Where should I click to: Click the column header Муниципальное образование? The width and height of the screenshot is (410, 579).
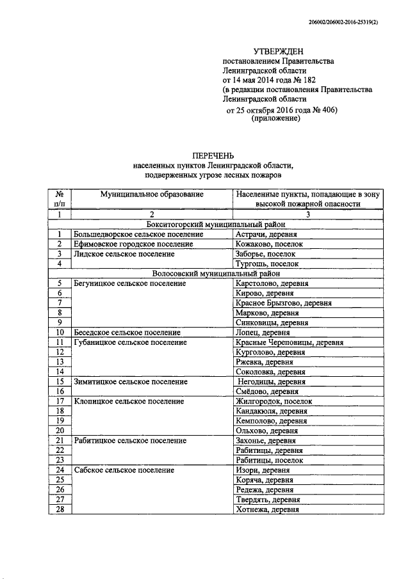pos(152,194)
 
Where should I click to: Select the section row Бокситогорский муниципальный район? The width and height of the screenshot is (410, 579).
pos(215,224)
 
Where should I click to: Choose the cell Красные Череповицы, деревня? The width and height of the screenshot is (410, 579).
pos(290,342)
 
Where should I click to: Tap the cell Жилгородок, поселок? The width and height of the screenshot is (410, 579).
pos(274,401)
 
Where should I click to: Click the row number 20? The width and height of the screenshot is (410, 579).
pos(59,431)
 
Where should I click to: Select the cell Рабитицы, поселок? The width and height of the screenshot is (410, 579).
pos(265,460)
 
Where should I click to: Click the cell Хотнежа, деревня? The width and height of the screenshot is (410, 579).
pos(266,509)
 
